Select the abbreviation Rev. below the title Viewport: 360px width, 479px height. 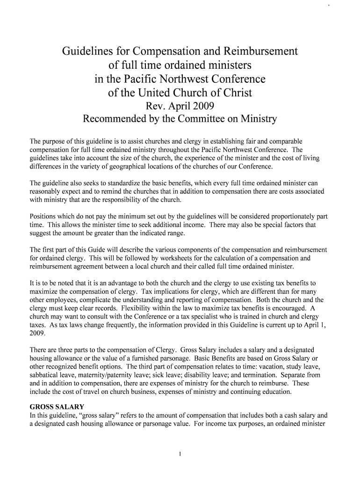[158, 106]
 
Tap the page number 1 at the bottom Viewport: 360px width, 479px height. [180, 453]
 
